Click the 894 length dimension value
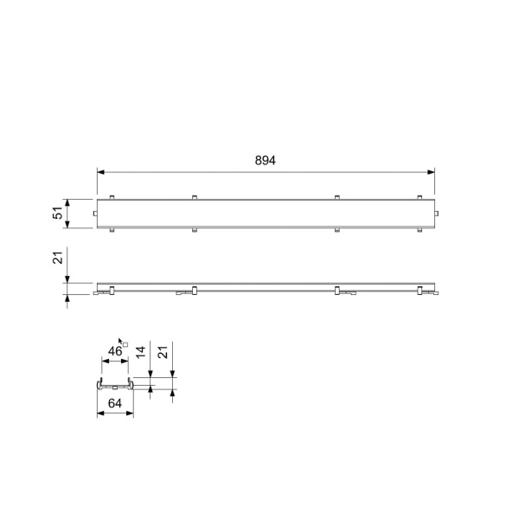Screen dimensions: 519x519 266,160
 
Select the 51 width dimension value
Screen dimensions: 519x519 58,213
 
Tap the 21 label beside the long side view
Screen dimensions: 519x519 58,258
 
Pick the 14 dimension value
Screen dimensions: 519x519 141,352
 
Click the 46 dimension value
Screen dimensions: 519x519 115,351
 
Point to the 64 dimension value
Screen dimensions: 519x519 115,403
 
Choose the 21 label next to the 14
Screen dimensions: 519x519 163,352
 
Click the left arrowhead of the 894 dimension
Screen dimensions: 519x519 100,172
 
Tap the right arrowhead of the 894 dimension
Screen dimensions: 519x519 431,172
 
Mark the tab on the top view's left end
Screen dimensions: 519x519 95,214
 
